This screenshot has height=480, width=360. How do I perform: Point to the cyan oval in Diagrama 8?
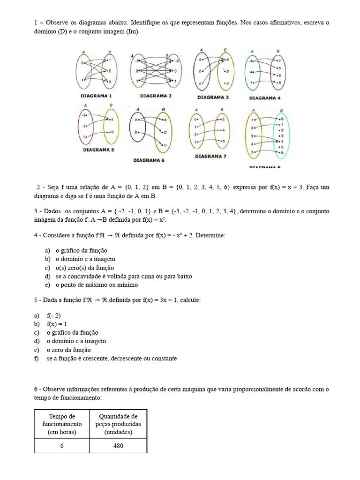pos(281,136)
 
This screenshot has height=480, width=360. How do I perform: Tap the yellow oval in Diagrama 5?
pos(112,127)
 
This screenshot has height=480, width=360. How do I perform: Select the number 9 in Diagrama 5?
pos(112,133)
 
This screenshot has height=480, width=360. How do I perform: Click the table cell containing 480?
pos(118,446)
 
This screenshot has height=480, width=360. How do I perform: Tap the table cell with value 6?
pos(62,446)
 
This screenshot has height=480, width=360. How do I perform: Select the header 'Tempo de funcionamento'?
pos(62,424)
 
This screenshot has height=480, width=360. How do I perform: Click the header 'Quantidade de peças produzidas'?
pos(118,424)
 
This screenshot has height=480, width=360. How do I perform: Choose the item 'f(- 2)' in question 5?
pos(54,316)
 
